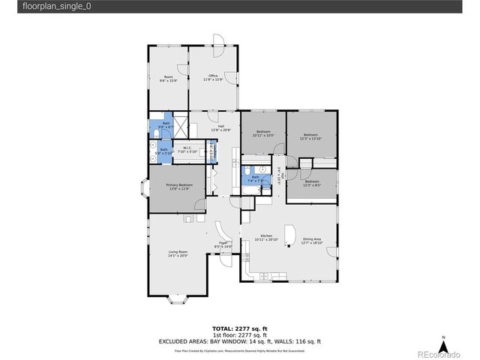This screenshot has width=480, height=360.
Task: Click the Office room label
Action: tap(213, 77)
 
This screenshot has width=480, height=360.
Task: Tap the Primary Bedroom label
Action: tap(180, 187)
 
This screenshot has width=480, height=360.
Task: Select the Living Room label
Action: tap(178, 253)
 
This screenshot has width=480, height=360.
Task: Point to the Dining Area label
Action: tap(311, 241)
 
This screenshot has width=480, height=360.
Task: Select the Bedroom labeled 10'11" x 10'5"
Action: tap(263, 133)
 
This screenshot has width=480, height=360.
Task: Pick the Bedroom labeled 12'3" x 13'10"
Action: tap(310, 136)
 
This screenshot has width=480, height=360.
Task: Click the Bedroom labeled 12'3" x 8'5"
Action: tap(311, 182)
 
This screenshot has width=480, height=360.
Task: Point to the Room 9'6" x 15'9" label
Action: tap(169, 79)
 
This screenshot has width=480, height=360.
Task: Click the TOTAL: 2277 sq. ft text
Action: tap(239, 328)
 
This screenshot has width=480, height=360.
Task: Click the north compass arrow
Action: tap(445, 346)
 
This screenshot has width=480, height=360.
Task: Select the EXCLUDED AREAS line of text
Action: tap(239, 341)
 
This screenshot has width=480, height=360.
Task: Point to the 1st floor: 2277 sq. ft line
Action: tap(239, 334)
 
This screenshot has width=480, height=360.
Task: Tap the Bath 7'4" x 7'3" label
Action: tap(256, 179)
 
